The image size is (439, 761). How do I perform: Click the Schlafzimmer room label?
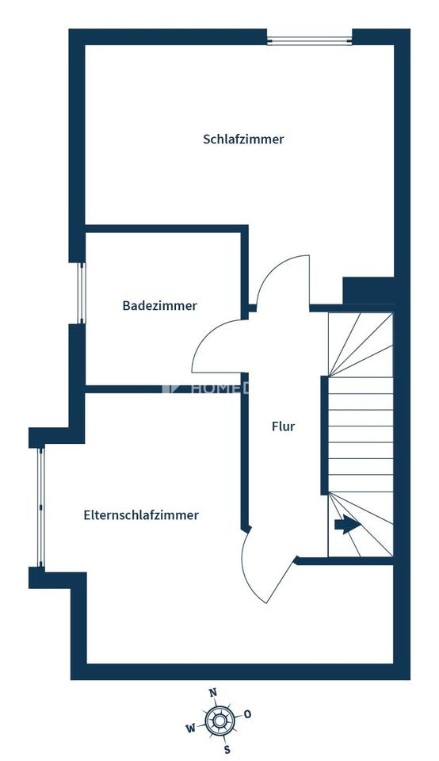click(x=243, y=140)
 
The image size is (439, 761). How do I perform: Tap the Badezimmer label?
click(x=159, y=305)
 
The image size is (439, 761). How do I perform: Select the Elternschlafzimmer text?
click(x=141, y=515)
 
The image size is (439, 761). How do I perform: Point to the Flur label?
click(x=283, y=426)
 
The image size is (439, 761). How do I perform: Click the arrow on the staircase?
click(x=346, y=525)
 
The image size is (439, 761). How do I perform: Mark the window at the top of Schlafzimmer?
click(x=309, y=38)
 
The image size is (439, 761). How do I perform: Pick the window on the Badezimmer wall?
click(x=80, y=293)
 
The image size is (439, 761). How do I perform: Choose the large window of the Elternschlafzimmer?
click(x=40, y=507)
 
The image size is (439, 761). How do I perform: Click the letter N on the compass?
click(x=212, y=692)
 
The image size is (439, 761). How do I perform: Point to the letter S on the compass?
click(x=227, y=749)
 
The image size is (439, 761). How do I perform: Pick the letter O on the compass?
click(x=248, y=714)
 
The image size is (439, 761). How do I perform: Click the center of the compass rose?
click(x=219, y=721)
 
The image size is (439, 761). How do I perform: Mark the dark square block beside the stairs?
click(x=368, y=290)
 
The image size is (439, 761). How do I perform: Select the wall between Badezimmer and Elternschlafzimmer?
click(x=162, y=388)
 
